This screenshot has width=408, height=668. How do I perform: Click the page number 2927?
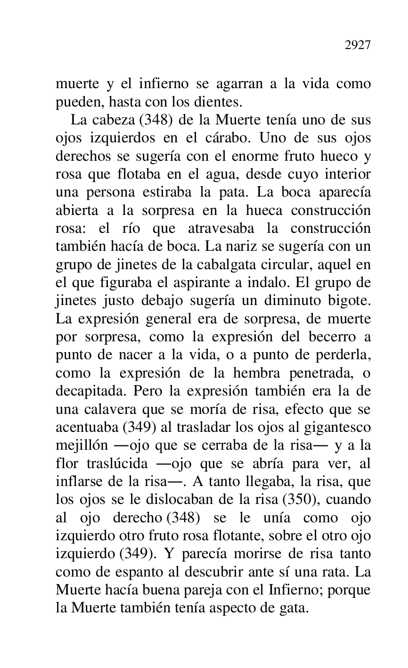tap(358, 45)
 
